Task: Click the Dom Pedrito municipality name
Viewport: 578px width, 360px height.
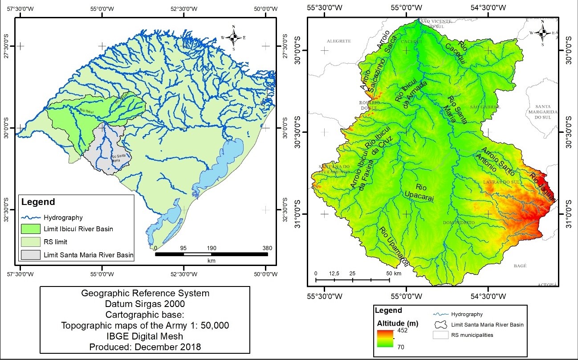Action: pyautogui.click(x=459, y=222)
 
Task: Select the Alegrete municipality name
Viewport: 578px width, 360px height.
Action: pyautogui.click(x=339, y=41)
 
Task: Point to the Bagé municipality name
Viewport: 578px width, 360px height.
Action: pyautogui.click(x=520, y=266)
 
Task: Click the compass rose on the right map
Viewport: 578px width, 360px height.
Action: pyautogui.click(x=542, y=32)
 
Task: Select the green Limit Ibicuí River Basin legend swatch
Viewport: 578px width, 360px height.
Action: pyautogui.click(x=29, y=229)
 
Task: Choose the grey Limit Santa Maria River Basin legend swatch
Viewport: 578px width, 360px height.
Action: pyautogui.click(x=29, y=255)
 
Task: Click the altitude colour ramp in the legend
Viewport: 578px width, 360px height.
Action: pyautogui.click(x=385, y=338)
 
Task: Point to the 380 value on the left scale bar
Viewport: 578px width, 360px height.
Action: pyautogui.click(x=267, y=248)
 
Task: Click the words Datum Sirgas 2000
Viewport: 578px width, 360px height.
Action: pyautogui.click(x=145, y=304)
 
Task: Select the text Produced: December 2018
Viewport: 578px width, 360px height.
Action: pyautogui.click(x=145, y=347)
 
